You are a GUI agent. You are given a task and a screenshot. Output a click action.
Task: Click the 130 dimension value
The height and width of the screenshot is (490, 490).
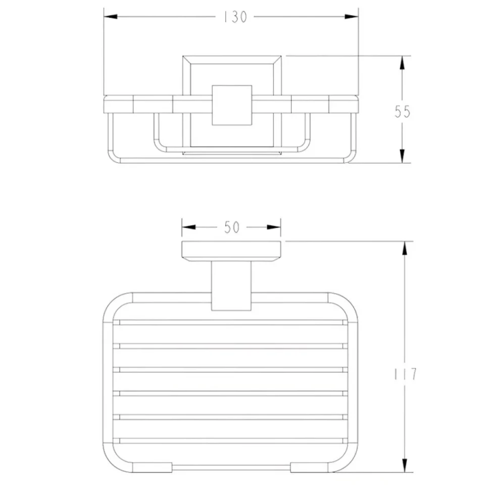235,17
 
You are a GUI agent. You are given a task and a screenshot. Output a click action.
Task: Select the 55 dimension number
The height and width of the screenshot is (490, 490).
402,112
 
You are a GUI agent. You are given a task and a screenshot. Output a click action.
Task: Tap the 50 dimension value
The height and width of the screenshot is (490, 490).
232,227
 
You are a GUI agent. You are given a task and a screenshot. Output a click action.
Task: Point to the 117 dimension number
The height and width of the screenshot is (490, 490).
405,374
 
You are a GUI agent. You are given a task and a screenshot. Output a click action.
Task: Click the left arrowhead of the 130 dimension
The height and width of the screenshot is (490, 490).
111,17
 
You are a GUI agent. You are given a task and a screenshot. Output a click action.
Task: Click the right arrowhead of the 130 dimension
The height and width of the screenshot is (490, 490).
352,17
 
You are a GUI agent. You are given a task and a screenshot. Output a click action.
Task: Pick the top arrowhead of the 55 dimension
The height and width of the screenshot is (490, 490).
402,63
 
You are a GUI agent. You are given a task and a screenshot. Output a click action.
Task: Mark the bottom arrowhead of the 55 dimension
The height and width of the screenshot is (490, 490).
402,156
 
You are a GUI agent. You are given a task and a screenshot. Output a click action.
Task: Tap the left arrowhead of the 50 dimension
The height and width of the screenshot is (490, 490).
189,227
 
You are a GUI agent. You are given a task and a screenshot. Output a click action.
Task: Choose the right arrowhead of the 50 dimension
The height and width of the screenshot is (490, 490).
274,227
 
